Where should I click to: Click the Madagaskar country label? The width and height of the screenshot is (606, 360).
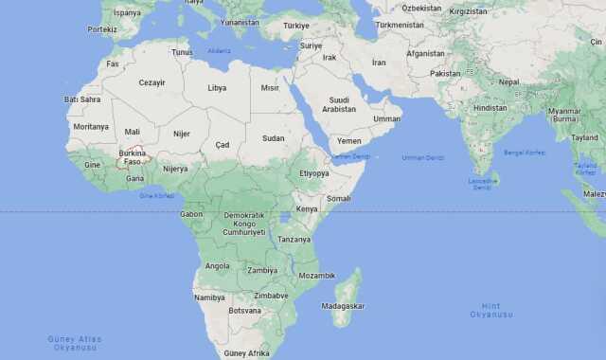343,306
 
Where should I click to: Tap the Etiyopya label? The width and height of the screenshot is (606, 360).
313,173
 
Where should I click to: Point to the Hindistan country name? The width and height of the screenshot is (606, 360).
490,108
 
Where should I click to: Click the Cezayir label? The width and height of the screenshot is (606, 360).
152,82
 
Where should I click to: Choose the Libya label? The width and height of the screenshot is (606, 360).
217,87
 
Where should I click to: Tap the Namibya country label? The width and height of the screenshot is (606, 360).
209,297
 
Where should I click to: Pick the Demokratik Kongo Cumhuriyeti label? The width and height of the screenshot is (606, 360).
244,224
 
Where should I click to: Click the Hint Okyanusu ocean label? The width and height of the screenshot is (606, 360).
491,310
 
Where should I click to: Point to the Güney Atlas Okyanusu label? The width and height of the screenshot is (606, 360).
75,343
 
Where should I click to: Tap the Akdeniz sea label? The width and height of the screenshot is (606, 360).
219,50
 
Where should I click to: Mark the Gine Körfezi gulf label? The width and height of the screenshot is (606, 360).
157,195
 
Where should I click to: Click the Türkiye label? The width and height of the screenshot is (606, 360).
295,26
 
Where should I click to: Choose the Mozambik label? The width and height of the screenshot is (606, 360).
316,276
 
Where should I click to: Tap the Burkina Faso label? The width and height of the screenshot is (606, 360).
133,157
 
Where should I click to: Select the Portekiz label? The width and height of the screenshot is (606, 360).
102,29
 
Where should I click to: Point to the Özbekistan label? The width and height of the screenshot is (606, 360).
421,8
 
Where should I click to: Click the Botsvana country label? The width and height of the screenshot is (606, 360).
244,311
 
